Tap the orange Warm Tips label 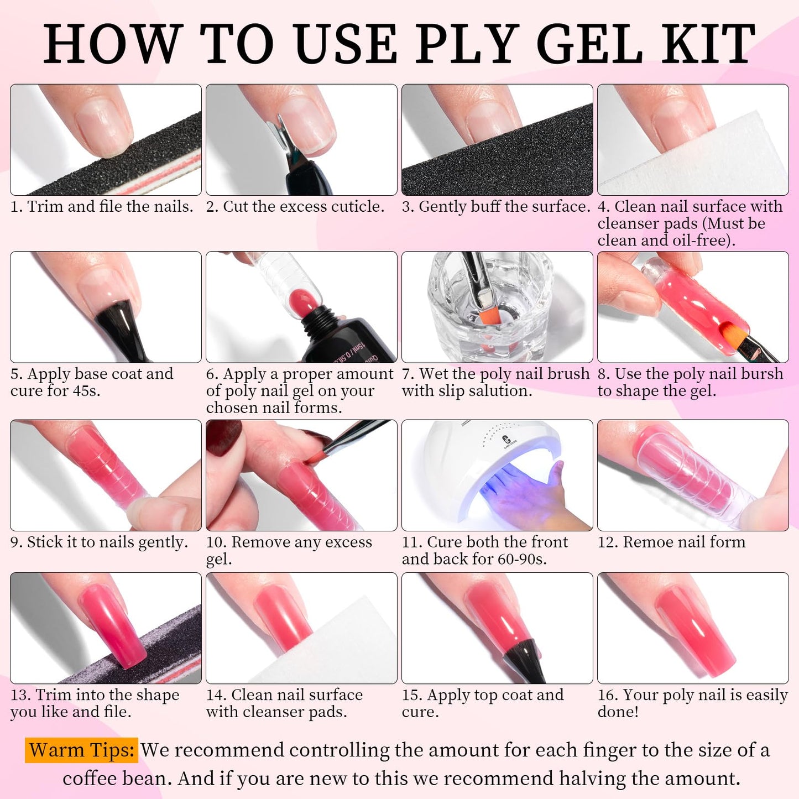click(x=81, y=750)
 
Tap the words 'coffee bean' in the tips click(x=117, y=779)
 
